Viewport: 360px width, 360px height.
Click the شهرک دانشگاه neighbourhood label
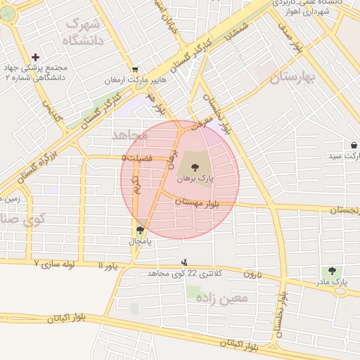pyautogui.click(x=82, y=32)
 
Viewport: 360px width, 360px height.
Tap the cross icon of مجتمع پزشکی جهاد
pyautogui.click(x=35, y=57)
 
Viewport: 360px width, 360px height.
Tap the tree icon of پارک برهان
pyautogui.click(x=194, y=167)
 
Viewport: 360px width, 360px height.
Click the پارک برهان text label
pyautogui.click(x=195, y=180)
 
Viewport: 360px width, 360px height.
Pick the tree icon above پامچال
pyautogui.click(x=139, y=229)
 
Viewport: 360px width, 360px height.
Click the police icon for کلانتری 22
pyautogui.click(x=185, y=262)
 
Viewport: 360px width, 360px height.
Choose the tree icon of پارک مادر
pyautogui.click(x=330, y=271)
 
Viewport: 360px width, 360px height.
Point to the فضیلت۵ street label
pyautogui.click(x=137, y=158)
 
